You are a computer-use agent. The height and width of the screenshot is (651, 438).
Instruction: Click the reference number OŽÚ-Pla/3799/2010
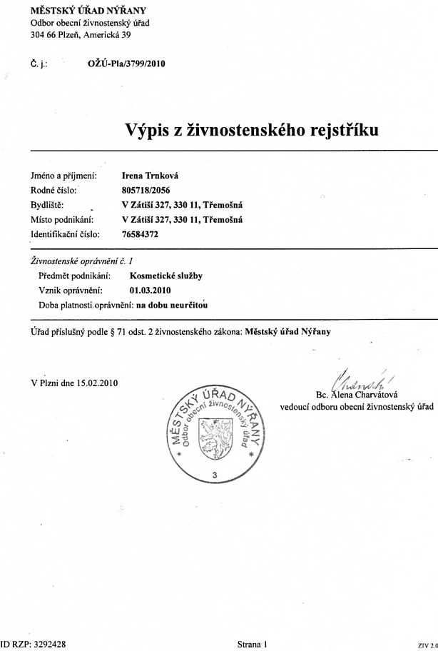(x=126, y=64)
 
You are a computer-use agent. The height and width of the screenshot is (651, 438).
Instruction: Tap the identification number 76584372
(x=141, y=233)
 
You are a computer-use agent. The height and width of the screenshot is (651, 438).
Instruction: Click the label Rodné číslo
(x=54, y=190)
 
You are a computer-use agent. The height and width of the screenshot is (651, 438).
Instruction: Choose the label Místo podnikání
(x=61, y=219)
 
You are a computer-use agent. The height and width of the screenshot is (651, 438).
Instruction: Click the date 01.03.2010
(x=151, y=291)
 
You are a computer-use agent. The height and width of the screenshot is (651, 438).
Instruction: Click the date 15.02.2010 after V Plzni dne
(x=98, y=383)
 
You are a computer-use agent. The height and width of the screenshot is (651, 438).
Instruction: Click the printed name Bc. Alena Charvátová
(x=356, y=394)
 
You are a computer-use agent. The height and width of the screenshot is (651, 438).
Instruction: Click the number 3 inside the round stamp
(x=214, y=475)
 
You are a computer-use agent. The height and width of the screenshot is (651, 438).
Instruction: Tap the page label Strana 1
(x=252, y=644)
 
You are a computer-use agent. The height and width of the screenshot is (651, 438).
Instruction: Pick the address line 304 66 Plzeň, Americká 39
(x=80, y=35)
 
